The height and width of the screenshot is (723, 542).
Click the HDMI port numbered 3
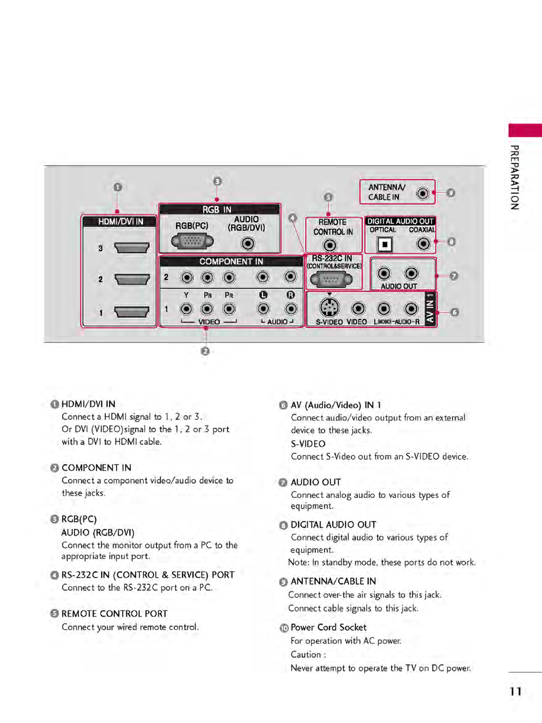click(132, 248)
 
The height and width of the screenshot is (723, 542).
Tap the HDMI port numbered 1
click(132, 312)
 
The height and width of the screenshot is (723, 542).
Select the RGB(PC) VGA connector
click(192, 241)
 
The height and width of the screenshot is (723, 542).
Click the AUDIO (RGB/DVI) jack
click(248, 243)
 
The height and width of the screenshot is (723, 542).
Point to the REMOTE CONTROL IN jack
click(330, 245)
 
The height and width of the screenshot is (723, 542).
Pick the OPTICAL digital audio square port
click(385, 245)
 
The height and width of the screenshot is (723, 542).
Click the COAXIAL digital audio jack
click(423, 244)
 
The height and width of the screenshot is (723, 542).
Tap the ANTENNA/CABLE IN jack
click(423, 194)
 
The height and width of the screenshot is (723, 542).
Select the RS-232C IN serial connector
click(331, 279)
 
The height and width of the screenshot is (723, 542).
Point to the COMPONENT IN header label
click(231, 261)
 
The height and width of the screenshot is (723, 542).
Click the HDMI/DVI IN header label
click(120, 222)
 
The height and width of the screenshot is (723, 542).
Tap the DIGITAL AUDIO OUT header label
click(400, 221)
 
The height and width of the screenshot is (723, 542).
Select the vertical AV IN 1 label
click(430, 309)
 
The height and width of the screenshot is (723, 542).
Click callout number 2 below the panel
click(205, 351)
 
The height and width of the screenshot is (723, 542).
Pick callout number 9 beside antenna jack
click(450, 193)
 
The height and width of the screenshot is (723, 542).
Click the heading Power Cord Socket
click(328, 627)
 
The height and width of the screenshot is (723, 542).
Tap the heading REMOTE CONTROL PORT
click(114, 614)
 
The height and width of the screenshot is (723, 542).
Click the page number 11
click(516, 692)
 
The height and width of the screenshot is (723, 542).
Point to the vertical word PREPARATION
click(515, 177)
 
